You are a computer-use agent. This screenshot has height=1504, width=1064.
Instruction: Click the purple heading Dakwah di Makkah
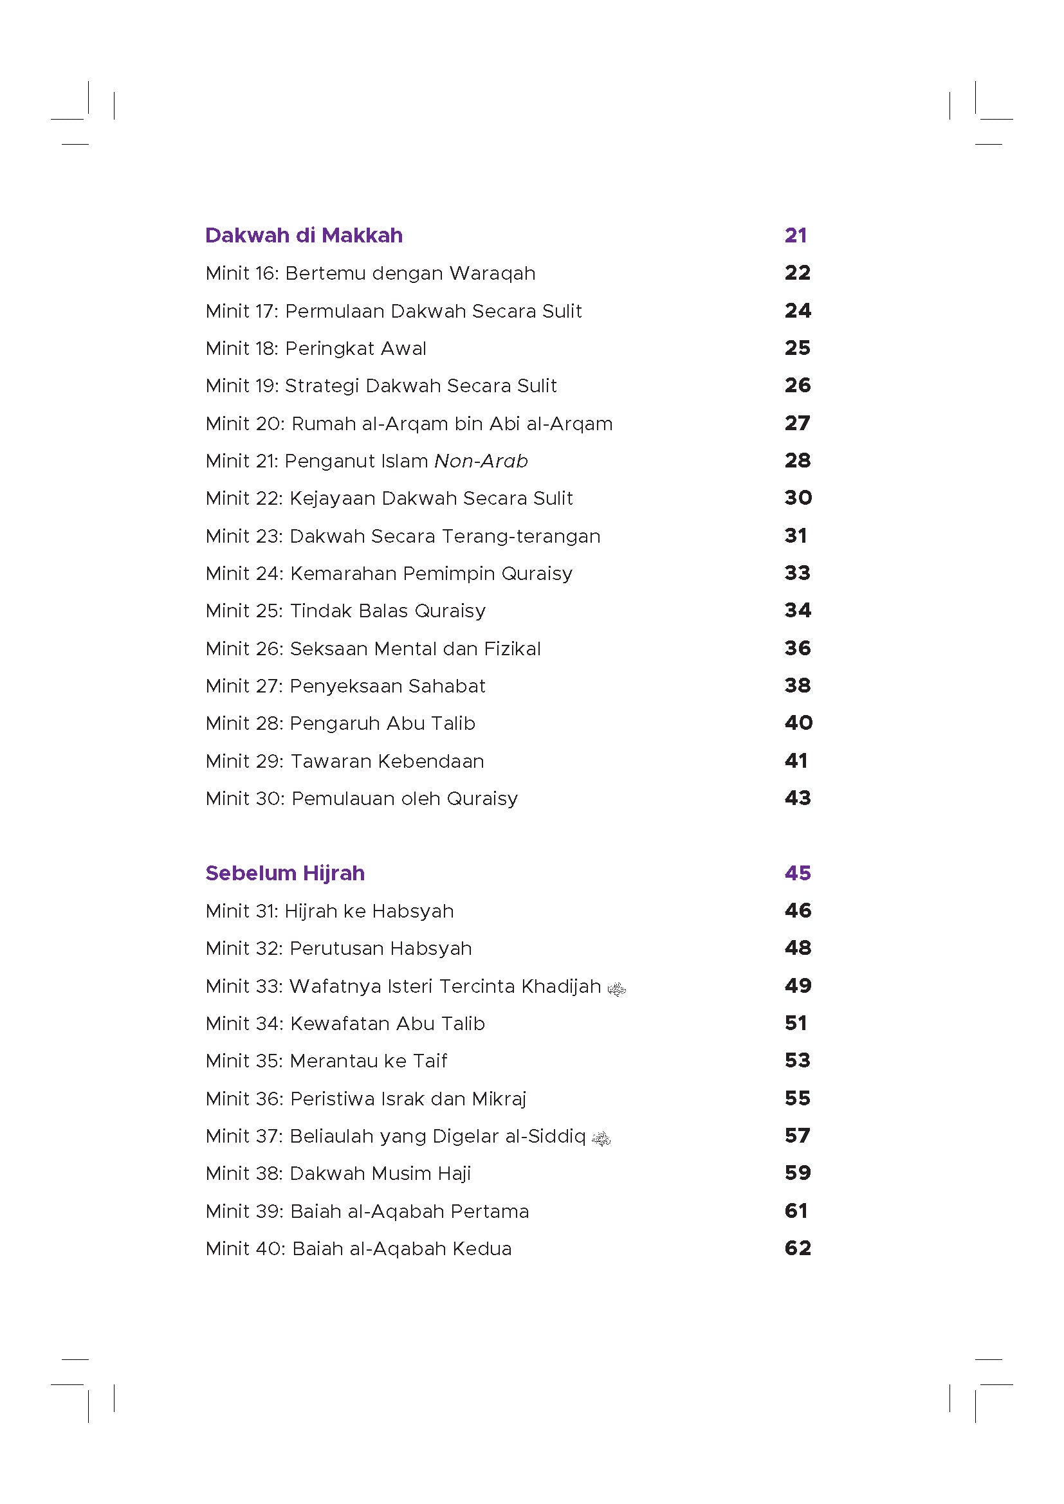click(304, 235)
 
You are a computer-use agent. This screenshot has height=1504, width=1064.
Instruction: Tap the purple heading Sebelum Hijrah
click(284, 873)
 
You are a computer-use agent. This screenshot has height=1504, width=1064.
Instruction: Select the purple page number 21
click(795, 235)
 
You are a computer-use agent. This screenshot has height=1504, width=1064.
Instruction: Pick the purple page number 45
click(797, 873)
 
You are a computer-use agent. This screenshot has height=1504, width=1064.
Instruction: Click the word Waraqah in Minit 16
click(492, 273)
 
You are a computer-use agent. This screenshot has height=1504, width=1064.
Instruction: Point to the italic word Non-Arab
click(481, 461)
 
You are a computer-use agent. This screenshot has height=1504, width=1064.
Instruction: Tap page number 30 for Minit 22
click(797, 498)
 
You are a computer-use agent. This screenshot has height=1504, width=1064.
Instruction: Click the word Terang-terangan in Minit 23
click(521, 536)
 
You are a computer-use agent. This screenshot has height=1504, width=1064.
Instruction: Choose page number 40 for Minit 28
click(798, 723)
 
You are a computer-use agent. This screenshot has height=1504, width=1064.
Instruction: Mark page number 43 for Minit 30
click(797, 799)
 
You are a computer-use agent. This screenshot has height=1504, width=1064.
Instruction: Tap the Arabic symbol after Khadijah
click(616, 988)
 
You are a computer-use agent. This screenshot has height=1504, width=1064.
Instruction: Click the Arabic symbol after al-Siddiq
click(601, 1139)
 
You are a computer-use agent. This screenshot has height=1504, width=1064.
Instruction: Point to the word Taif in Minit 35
click(430, 1061)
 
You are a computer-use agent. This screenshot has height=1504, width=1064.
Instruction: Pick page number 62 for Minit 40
click(797, 1249)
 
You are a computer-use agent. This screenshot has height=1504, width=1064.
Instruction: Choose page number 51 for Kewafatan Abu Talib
click(796, 1023)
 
